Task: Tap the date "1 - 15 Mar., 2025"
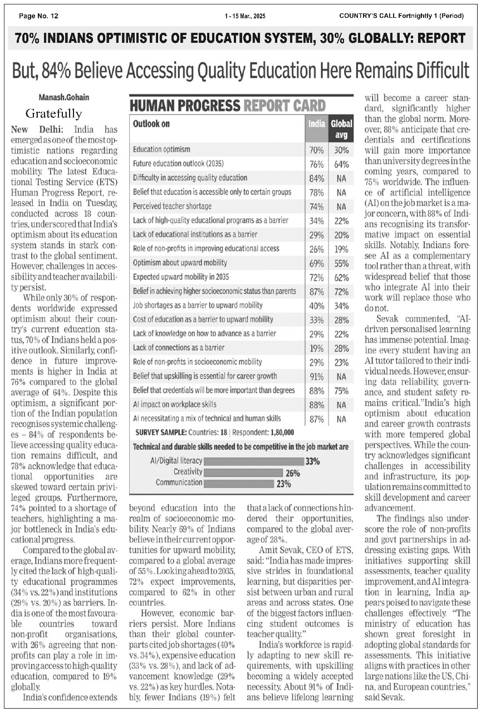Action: coord(245,16)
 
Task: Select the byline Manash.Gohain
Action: coord(63,97)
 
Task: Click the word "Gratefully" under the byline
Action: coord(53,114)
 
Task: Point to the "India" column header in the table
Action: coord(316,123)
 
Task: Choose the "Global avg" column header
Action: coord(341,129)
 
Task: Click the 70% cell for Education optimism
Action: coord(316,150)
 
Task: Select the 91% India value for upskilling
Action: coord(316,376)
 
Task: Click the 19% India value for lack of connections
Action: coord(316,348)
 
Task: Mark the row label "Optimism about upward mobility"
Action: coord(180,263)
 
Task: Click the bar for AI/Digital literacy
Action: coord(253,461)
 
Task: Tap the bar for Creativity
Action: coord(243,473)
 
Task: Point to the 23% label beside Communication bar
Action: coord(283,484)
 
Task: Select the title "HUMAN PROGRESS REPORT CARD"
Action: coord(228,105)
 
